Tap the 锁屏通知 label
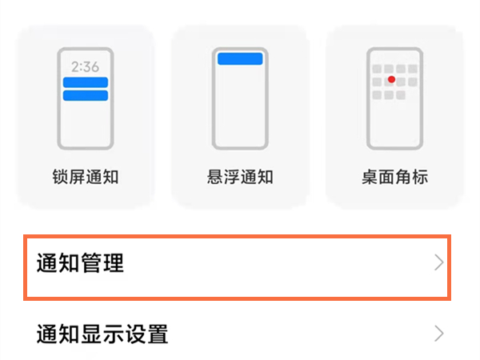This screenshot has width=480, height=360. tap(85, 177)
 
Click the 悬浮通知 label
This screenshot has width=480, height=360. tap(239, 177)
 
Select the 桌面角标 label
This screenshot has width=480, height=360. tap(394, 177)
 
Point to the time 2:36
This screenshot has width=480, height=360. tap(85, 67)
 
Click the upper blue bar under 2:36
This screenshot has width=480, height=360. tap(85, 82)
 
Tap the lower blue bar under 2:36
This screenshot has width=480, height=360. tap(85, 96)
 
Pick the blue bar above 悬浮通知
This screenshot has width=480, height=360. tap(239, 58)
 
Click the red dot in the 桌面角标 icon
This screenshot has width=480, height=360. tap(391, 80)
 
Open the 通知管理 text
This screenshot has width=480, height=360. tap(81, 262)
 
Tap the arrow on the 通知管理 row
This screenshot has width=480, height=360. tap(438, 262)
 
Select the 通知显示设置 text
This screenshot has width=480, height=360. tap(102, 333)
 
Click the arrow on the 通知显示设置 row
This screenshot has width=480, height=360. tap(438, 333)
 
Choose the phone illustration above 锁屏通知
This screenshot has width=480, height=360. tap(85, 98)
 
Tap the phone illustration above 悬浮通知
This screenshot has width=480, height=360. tap(239, 98)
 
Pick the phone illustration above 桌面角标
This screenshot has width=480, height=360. tap(394, 98)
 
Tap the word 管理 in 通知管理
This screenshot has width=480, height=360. tap(102, 262)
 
